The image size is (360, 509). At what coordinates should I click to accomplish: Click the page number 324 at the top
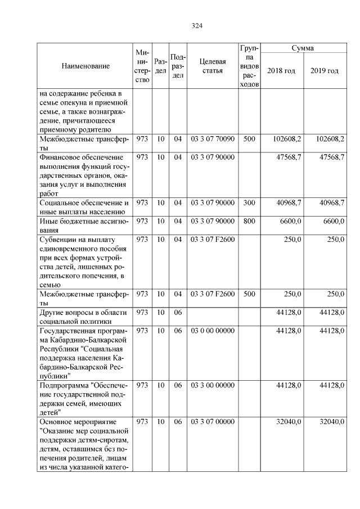point(196,26)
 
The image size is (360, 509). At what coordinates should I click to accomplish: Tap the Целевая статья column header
point(213,66)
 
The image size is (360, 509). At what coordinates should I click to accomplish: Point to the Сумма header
point(303,48)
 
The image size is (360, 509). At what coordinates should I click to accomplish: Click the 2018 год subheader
point(281,71)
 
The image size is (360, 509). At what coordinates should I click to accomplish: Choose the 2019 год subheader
point(325,71)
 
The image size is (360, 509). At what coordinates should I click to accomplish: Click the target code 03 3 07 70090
point(213,138)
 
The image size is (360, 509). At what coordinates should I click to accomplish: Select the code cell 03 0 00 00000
point(213,331)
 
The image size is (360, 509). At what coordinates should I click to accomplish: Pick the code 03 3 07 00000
point(213,421)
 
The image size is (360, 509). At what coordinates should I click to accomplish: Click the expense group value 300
point(249,202)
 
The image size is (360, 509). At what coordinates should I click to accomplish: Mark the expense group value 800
point(249,222)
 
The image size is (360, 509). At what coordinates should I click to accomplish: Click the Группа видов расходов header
point(249,66)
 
